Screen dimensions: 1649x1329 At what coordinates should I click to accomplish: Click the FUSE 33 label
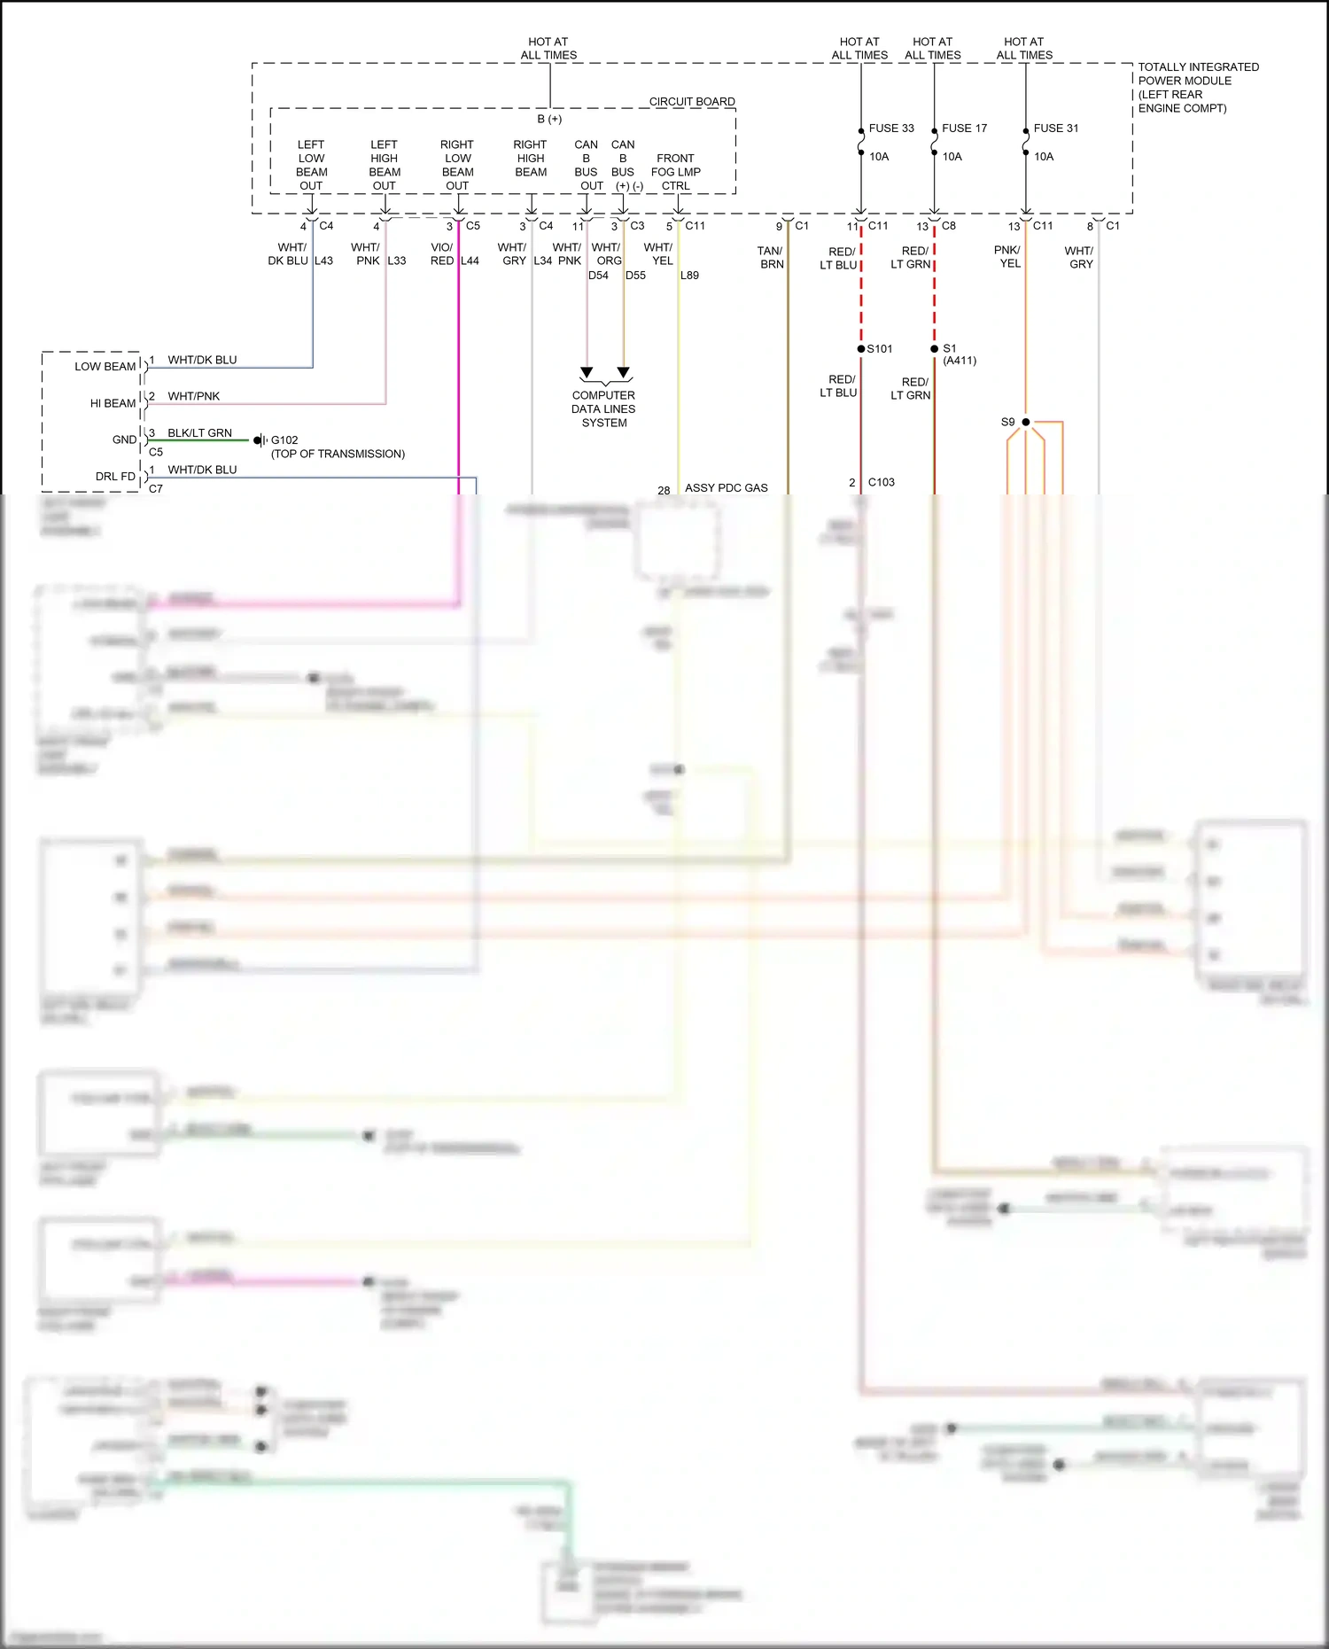890,128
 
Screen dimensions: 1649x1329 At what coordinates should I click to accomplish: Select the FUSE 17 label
964,128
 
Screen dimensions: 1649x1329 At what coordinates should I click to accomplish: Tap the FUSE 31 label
1055,128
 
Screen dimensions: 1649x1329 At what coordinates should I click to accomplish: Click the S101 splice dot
861,349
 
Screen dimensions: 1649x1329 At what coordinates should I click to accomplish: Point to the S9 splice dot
1025,422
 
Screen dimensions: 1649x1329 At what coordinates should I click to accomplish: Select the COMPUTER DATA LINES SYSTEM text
603,409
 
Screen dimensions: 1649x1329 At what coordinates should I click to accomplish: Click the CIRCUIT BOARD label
691,102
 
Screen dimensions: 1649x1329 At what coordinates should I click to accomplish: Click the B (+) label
549,119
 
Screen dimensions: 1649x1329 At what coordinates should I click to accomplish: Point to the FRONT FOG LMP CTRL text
675,172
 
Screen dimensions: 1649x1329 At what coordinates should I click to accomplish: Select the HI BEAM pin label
113,403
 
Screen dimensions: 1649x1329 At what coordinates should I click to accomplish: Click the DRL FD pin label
115,477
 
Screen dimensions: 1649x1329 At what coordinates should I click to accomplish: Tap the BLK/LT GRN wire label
199,433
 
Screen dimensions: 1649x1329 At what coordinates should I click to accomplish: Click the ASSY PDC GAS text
726,488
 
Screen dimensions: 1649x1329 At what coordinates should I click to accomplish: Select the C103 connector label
881,483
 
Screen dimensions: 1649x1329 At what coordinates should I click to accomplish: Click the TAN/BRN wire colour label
771,258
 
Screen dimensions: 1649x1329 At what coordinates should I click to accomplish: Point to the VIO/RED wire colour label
442,254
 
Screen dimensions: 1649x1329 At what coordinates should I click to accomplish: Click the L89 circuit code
689,276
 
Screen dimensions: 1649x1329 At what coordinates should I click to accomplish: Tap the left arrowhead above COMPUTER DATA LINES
587,372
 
